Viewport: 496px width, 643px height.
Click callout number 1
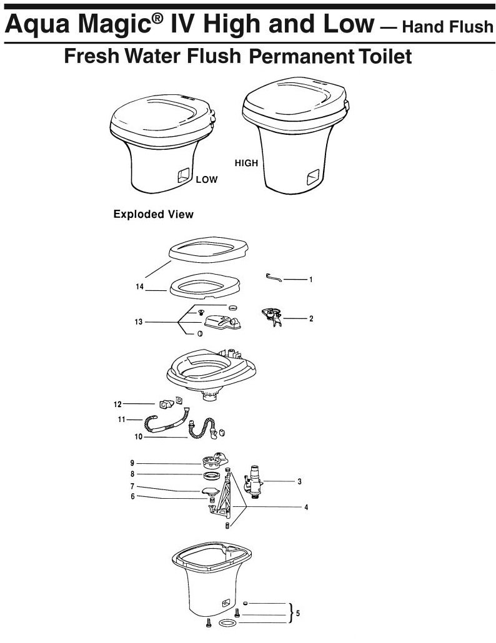310,280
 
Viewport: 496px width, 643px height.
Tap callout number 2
310,318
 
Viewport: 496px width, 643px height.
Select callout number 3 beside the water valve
300,481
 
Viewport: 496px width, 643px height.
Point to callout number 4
306,507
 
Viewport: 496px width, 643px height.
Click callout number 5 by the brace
297,613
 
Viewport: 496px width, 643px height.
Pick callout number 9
132,463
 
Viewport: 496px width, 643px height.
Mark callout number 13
137,322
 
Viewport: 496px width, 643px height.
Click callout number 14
141,287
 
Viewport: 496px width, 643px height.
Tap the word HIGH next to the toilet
246,163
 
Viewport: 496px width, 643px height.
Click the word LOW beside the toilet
206,180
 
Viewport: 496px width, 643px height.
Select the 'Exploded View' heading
153,214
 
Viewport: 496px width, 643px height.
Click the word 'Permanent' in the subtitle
302,57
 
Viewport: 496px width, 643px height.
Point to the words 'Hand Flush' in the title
445,27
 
